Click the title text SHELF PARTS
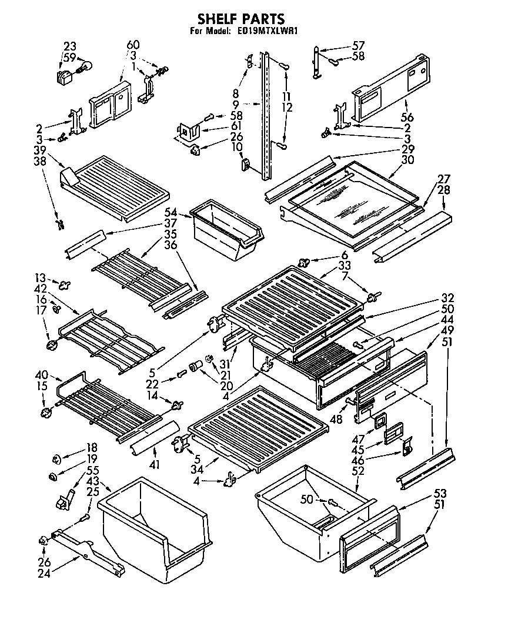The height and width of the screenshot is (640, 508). coord(240,19)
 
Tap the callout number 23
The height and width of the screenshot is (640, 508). coord(70,46)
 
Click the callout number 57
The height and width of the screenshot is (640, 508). coord(358,45)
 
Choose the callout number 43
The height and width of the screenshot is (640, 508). coord(92,481)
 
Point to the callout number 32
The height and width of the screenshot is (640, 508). coord(449,297)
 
